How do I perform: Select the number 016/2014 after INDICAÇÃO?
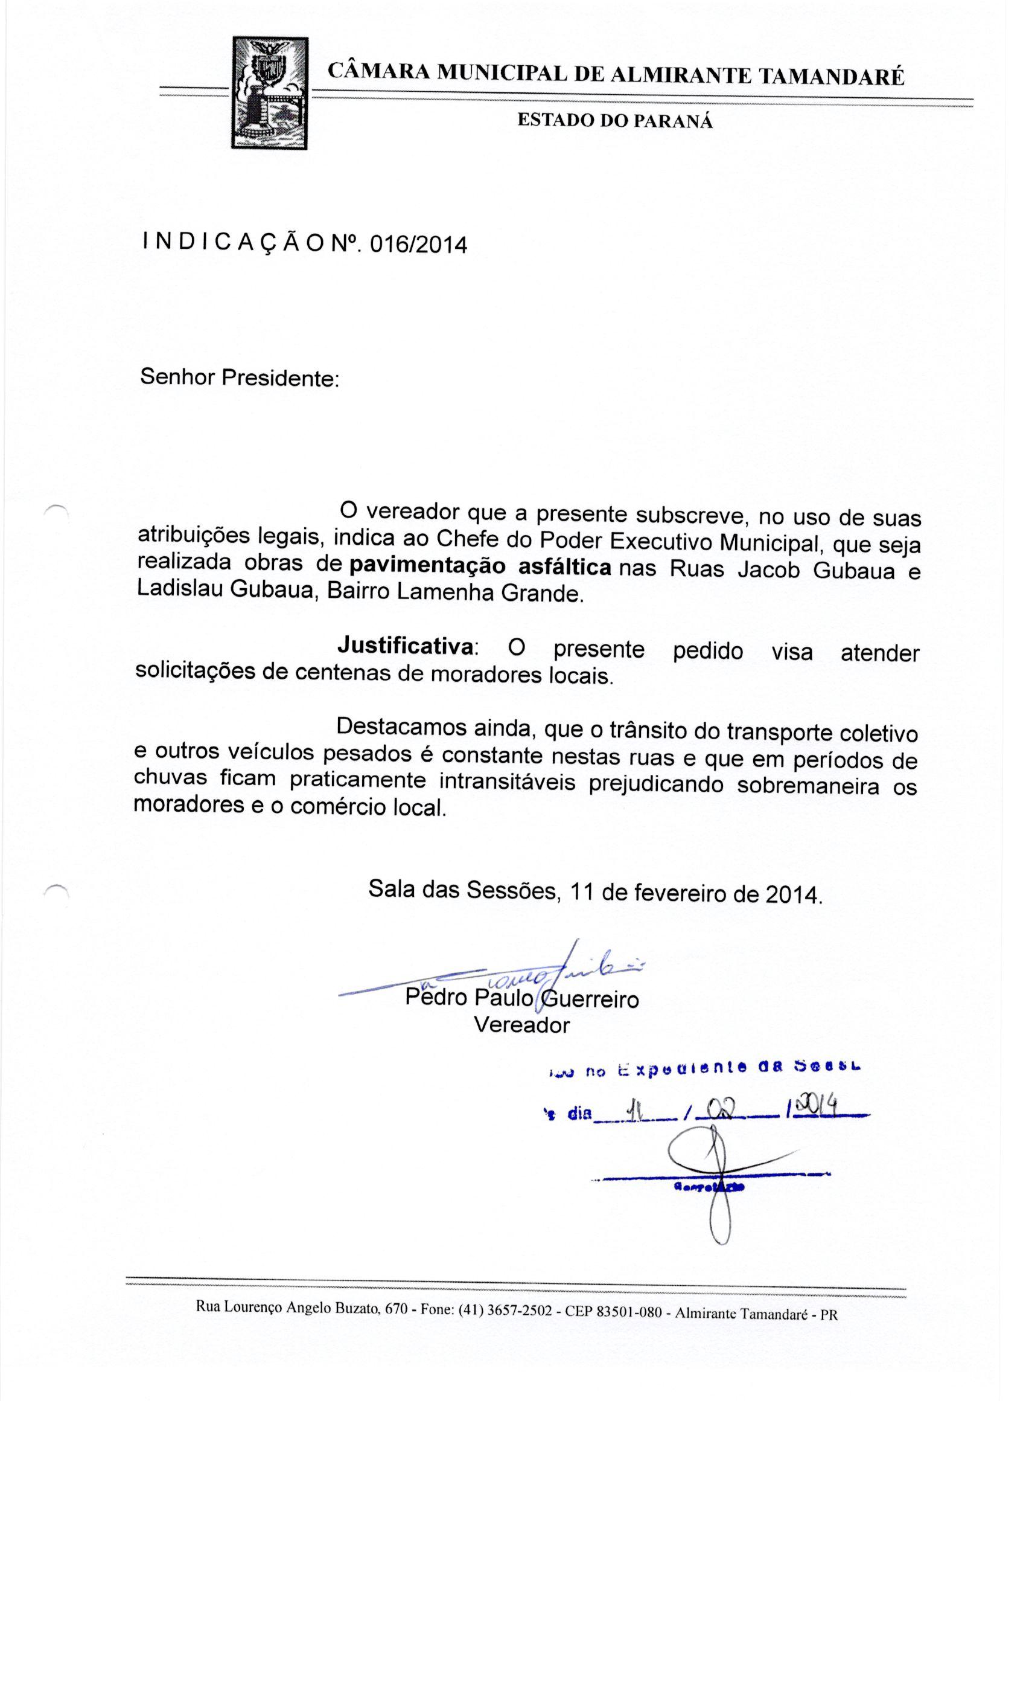pos(418,245)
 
